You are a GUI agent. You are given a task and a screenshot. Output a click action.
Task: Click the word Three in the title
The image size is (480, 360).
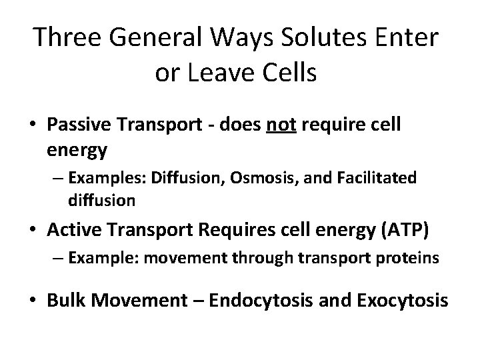pos(65,38)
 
